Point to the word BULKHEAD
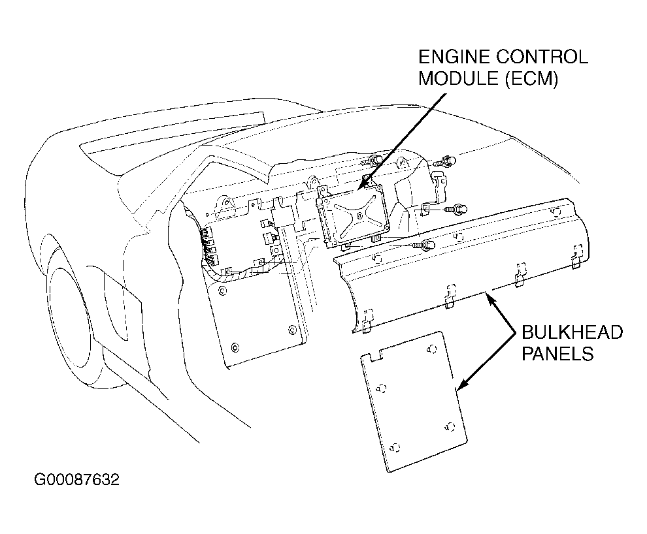[572, 332]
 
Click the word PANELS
[557, 354]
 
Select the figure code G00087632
[76, 480]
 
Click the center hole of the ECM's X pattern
[360, 215]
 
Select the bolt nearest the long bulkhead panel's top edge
[424, 245]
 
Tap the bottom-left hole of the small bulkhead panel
[395, 447]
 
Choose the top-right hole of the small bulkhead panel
[432, 349]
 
